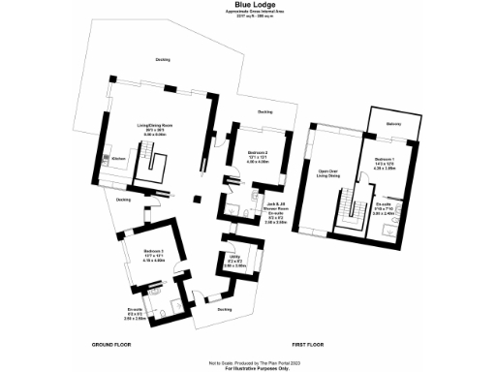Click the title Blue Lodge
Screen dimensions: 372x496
pyautogui.click(x=248, y=5)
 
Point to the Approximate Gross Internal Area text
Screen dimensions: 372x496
pyautogui.click(x=248, y=13)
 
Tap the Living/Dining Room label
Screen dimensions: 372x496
pyautogui.click(x=153, y=128)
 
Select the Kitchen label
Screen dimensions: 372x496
pyautogui.click(x=118, y=158)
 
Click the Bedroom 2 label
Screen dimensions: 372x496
pyautogui.click(x=257, y=155)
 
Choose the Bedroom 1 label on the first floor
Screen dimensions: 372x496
pyautogui.click(x=386, y=160)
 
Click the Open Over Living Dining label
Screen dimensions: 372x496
pyautogui.click(x=329, y=174)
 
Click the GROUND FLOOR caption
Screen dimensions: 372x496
pyautogui.click(x=110, y=344)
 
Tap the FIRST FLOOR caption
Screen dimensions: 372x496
pyautogui.click(x=307, y=344)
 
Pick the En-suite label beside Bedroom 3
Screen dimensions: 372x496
pyautogui.click(x=135, y=311)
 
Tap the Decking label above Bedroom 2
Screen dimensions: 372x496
pyautogui.click(x=264, y=112)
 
